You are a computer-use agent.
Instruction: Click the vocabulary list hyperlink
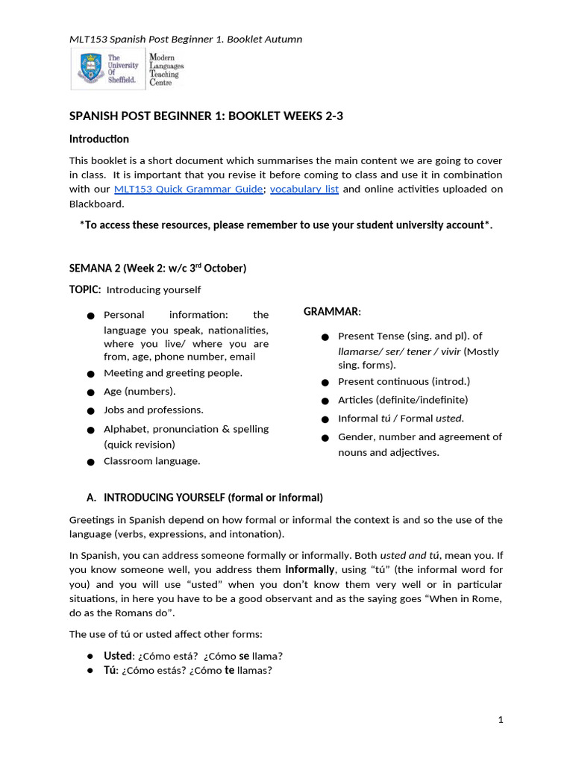tap(304, 190)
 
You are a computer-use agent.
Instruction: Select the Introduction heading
tap(98, 139)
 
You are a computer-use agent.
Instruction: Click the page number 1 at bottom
tap(501, 719)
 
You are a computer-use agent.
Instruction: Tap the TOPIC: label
tap(85, 289)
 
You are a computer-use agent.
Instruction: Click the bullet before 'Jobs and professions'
tap(90, 411)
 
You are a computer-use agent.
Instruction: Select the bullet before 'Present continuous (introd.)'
tap(325, 383)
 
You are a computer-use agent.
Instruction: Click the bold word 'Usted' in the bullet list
tap(117, 656)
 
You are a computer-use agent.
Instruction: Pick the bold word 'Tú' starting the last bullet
tap(110, 670)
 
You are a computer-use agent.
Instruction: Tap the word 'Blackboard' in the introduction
tap(96, 204)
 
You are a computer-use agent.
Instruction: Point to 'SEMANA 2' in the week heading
tap(95, 268)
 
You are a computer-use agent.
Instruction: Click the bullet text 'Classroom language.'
tap(151, 461)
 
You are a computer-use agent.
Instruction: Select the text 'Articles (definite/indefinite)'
tap(403, 400)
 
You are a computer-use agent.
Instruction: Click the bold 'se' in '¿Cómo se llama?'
tap(243, 656)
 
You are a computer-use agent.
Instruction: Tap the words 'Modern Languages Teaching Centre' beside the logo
tap(166, 69)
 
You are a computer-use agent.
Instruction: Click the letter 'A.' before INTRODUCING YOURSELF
tap(92, 498)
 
